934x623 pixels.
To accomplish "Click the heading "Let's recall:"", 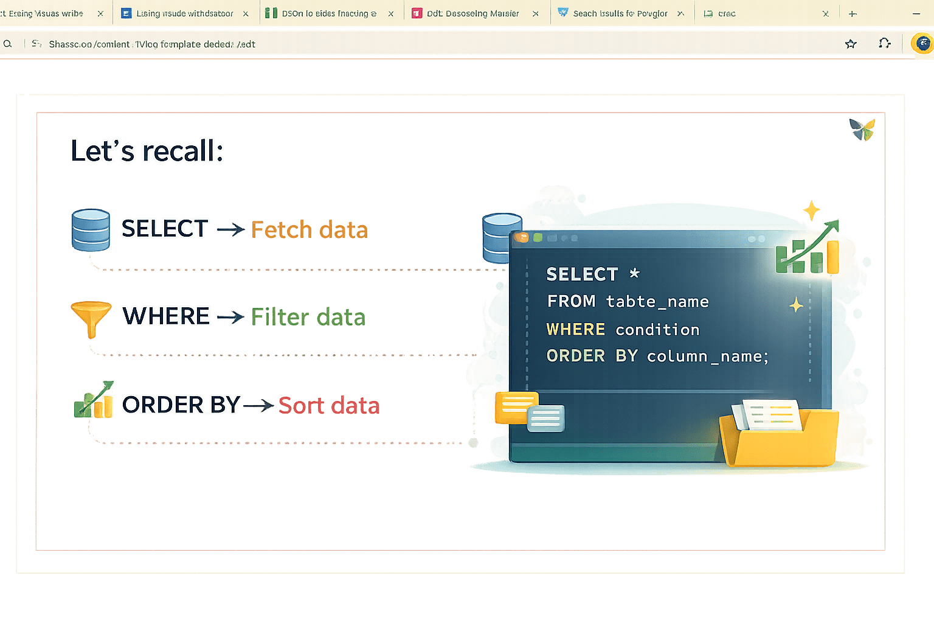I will pyautogui.click(x=147, y=151).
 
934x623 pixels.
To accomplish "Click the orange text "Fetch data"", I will pyautogui.click(x=309, y=230).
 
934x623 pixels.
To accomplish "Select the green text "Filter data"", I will pyautogui.click(x=308, y=317).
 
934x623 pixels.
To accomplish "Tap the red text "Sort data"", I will pyautogui.click(x=328, y=405).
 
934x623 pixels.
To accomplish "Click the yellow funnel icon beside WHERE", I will pyautogui.click(x=91, y=317).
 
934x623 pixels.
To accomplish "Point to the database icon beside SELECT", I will pyautogui.click(x=91, y=229).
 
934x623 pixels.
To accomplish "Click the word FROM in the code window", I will pyautogui.click(x=571, y=301).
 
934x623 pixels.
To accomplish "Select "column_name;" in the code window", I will pyautogui.click(x=707, y=356).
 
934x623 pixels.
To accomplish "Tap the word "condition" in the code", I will pyautogui.click(x=657, y=330).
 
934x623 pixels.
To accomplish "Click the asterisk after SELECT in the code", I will pyautogui.click(x=634, y=273).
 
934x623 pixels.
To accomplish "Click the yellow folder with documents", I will pyautogui.click(x=779, y=434).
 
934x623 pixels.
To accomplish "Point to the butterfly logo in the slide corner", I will pyautogui.click(x=862, y=128).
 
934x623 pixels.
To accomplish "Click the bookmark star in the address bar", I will pyautogui.click(x=851, y=44).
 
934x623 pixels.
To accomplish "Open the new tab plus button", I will pyautogui.click(x=853, y=13).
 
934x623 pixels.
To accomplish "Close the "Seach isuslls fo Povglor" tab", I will pyautogui.click(x=680, y=13).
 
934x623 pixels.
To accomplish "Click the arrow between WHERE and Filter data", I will pyautogui.click(x=230, y=317).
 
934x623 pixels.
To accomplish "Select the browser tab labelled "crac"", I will pyautogui.click(x=727, y=13).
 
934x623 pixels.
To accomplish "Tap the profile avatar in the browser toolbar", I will pyautogui.click(x=922, y=43).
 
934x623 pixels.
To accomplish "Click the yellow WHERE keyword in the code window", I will pyautogui.click(x=575, y=329).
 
